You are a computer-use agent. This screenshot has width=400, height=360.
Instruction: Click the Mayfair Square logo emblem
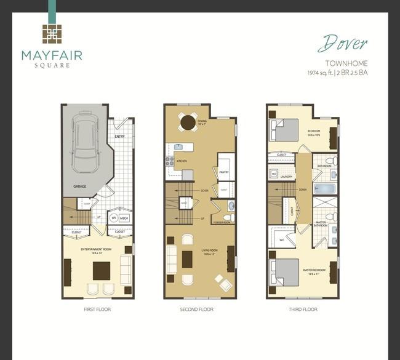[x=52, y=36]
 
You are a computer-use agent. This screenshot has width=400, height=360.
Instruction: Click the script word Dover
[x=343, y=44]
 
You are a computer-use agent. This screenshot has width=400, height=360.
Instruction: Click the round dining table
[x=188, y=122]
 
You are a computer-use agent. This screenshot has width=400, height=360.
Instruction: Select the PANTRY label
[x=224, y=172]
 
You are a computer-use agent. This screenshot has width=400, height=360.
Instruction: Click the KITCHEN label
[x=182, y=161]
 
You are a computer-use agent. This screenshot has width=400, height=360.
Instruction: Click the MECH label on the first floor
[x=125, y=217]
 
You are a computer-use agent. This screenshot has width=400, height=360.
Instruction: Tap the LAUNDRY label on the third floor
[x=285, y=176]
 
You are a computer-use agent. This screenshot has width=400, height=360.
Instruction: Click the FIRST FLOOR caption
[x=97, y=309]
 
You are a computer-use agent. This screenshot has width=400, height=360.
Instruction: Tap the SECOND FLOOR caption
[x=197, y=309]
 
